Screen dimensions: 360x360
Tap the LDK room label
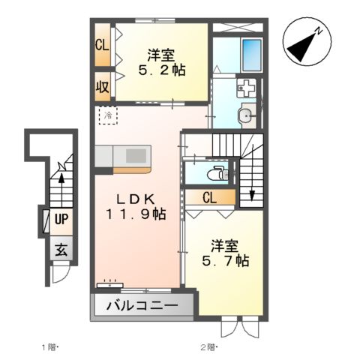135,199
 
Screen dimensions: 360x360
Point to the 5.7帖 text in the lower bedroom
225,262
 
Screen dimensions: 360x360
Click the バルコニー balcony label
142,306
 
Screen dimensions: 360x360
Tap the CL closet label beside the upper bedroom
102,44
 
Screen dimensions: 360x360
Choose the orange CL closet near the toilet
210,197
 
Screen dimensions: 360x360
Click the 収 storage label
102,85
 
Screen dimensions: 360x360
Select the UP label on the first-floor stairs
61,220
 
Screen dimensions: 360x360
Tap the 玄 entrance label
60,251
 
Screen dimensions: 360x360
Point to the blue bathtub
251,53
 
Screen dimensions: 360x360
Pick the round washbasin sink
246,115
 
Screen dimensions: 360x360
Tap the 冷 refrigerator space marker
108,116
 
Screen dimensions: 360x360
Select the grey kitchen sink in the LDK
137,155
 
